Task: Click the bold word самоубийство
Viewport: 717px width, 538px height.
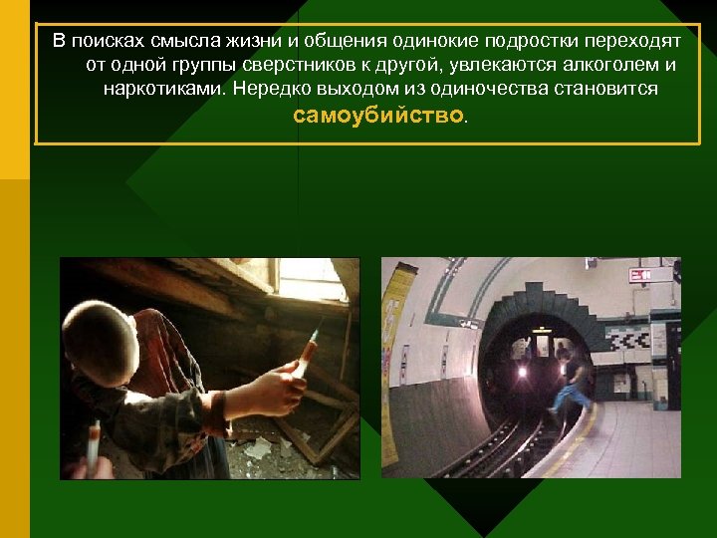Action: pos(378,116)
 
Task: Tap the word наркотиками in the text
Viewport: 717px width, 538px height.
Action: pos(163,90)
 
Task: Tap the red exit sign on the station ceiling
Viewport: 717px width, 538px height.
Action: pos(640,275)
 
